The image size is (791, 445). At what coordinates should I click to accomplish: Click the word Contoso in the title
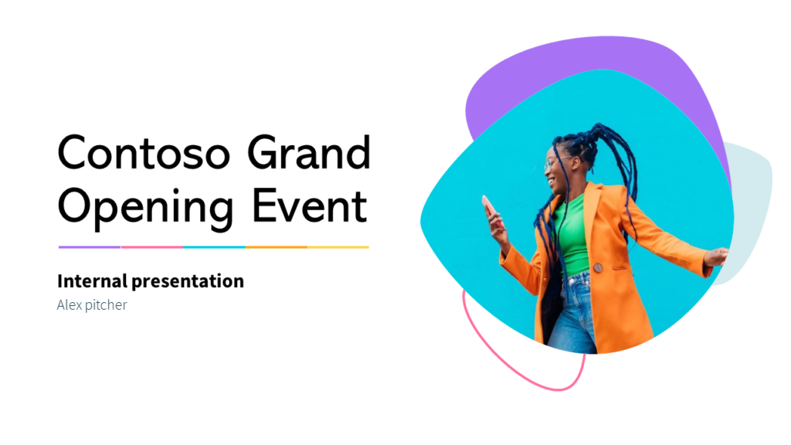(144, 152)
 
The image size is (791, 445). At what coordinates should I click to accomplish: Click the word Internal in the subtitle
(86, 281)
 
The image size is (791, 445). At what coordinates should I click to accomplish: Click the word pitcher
(106, 306)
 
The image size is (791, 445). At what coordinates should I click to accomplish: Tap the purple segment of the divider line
(90, 247)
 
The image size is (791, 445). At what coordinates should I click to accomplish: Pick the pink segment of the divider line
(151, 247)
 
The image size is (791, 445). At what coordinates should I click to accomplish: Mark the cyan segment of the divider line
(214, 247)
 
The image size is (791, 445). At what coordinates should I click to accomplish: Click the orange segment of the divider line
(276, 247)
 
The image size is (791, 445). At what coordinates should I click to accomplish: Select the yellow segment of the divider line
(338, 247)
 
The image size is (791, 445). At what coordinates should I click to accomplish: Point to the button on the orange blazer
(597, 267)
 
